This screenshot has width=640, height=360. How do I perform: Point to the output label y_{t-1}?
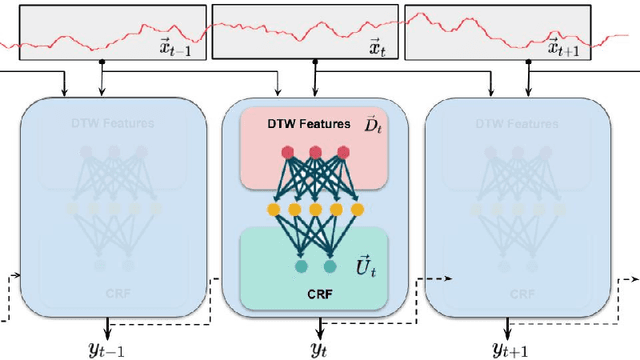pyautogui.click(x=108, y=348)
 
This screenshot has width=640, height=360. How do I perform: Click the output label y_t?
pyautogui.click(x=320, y=348)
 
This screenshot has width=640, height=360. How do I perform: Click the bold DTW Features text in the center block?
pyautogui.click(x=294, y=125)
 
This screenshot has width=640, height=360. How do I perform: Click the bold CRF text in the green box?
pyautogui.click(x=319, y=296)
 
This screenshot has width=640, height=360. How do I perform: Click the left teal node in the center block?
pyautogui.click(x=301, y=267)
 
